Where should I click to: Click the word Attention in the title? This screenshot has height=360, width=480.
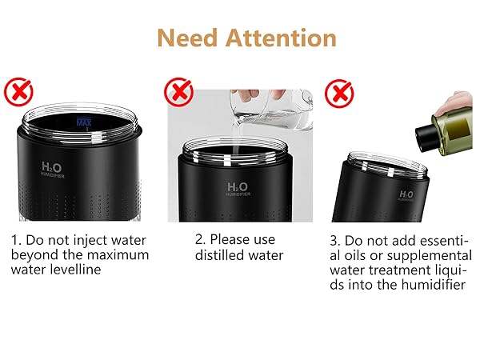[x=281, y=38]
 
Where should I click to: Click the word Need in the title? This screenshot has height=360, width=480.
[x=184, y=38]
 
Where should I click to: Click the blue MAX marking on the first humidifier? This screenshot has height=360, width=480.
[x=85, y=122]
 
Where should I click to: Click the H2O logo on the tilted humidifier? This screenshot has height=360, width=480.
[x=405, y=194]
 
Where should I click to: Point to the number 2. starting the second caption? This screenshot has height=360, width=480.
[x=201, y=239]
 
